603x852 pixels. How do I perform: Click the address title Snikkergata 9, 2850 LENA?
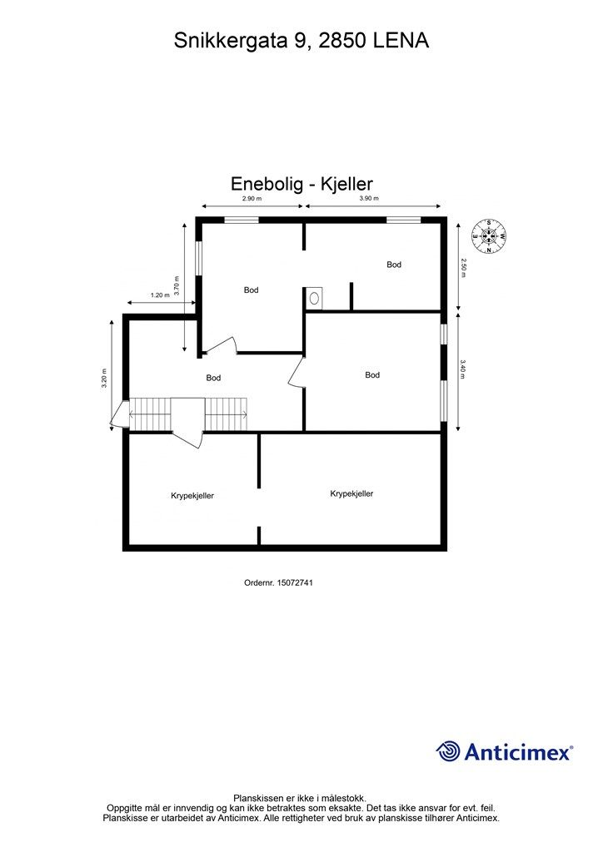pos(301,40)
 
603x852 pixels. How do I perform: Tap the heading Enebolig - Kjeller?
pos(301,183)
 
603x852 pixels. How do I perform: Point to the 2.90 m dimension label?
pos(252,199)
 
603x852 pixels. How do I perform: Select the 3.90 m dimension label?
pos(369,199)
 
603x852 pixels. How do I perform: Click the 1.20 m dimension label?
pos(160,295)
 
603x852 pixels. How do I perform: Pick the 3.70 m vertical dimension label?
pos(177,285)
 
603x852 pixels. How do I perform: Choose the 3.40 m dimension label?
pos(464,368)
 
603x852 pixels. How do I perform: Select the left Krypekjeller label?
pos(192,495)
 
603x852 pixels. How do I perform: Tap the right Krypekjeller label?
pos(351,493)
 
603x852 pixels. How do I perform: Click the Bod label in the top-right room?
pos(394,265)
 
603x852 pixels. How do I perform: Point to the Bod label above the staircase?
pos(214,378)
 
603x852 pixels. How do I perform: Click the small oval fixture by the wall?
pos(314,297)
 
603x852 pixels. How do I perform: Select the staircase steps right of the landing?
pos(227,414)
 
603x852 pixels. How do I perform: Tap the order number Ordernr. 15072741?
pos(278,583)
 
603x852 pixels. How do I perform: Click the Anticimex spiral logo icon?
pos(448,751)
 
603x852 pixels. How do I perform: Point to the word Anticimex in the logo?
pos(517,753)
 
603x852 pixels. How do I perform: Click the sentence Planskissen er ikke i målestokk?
pos(300,797)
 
